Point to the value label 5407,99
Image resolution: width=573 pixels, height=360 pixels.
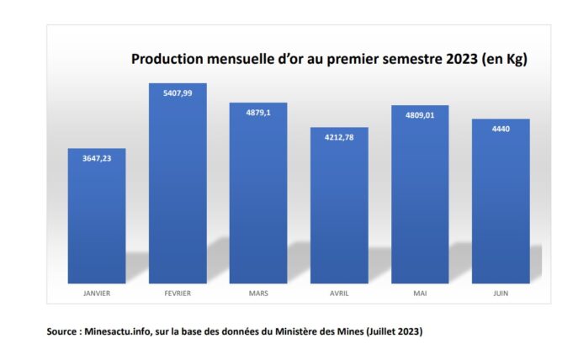(178, 93)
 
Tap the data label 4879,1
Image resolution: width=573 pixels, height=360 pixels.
(259, 113)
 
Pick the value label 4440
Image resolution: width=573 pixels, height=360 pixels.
(501, 129)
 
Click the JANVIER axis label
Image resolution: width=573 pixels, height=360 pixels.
(97, 294)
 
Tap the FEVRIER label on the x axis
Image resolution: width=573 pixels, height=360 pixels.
(178, 294)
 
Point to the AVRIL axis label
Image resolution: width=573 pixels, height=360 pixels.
(340, 294)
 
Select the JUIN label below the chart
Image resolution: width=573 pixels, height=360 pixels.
(501, 294)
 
